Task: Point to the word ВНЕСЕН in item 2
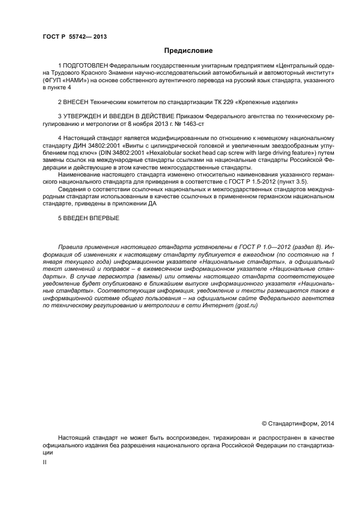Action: (76, 102)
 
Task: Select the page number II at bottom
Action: (45, 462)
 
